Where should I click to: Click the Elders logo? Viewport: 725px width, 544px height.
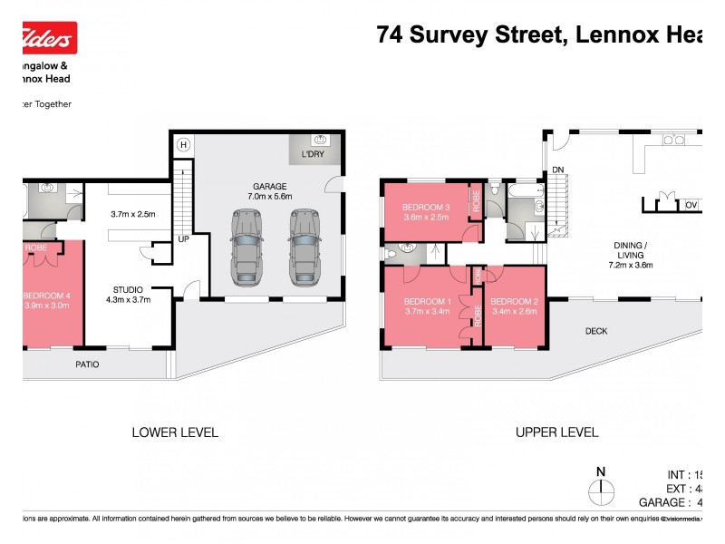pyautogui.click(x=47, y=38)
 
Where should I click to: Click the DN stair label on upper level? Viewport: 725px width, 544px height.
pyautogui.click(x=558, y=169)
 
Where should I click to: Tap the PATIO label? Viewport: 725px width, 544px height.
pyautogui.click(x=87, y=364)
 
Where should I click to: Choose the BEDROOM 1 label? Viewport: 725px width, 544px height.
pyautogui.click(x=426, y=306)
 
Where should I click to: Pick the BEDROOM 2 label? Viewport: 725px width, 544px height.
pyautogui.click(x=515, y=306)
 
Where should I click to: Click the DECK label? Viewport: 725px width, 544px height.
pyautogui.click(x=595, y=331)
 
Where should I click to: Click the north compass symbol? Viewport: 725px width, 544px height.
pyautogui.click(x=600, y=490)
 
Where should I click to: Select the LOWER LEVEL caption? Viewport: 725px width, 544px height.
pyautogui.click(x=175, y=432)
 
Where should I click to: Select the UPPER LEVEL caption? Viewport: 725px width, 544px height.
pyautogui.click(x=556, y=432)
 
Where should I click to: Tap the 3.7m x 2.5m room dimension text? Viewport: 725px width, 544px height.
pyautogui.click(x=133, y=214)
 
